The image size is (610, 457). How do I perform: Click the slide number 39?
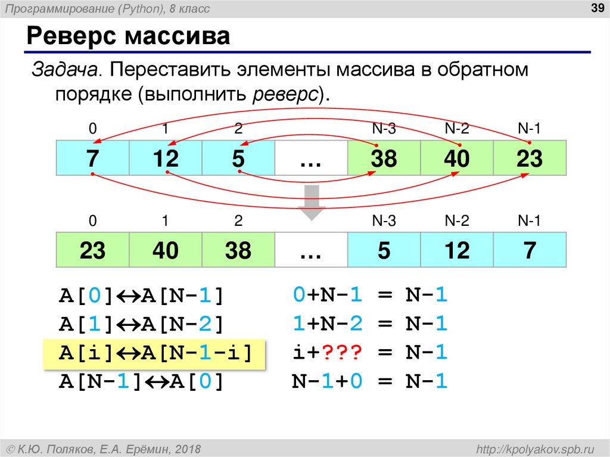point(593,8)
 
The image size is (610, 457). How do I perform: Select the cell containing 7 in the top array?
point(92,159)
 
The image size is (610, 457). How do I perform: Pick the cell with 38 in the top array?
point(384,159)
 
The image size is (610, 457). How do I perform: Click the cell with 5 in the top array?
point(238,159)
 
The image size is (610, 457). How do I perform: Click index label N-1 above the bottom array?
point(529,222)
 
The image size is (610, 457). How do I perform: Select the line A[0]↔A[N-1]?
point(141,296)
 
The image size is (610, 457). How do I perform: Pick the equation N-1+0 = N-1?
point(369,381)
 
